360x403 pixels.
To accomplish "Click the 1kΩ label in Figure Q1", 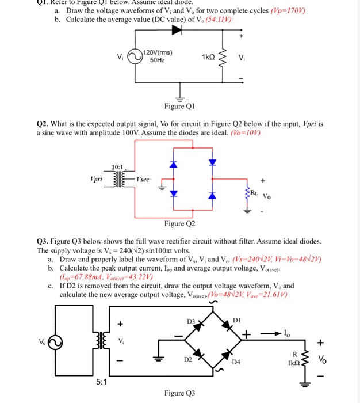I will click(x=208, y=57).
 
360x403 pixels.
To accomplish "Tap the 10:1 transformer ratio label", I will click(x=119, y=167).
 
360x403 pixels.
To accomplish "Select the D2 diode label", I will click(x=188, y=360).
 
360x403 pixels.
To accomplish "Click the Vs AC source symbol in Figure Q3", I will click(x=55, y=343).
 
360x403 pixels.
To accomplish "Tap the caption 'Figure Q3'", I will click(x=180, y=393).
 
